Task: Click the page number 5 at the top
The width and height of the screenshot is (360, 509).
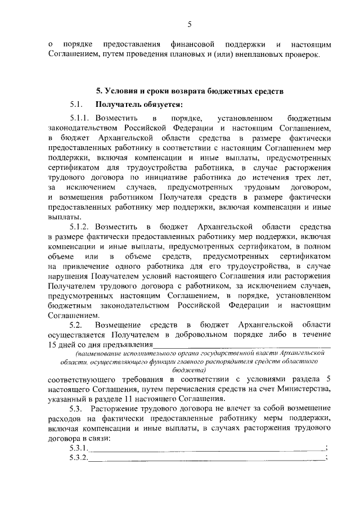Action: point(190,24)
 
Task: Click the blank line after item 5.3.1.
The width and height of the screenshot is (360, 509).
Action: point(205,448)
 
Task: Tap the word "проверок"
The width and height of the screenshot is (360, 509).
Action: point(301,54)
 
